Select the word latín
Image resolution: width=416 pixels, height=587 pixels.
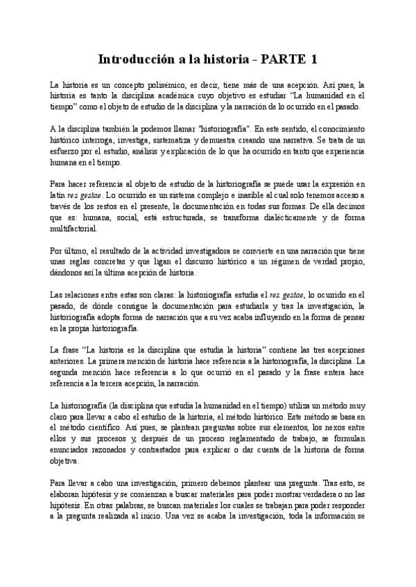coord(60,195)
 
